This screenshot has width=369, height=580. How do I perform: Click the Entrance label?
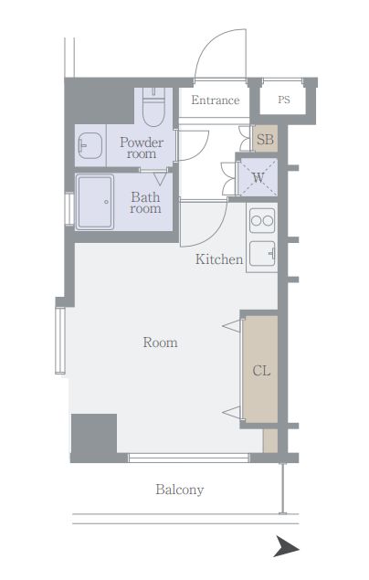click(x=216, y=100)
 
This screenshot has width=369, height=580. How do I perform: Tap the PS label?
click(x=284, y=100)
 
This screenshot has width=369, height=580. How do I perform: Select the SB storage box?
click(x=265, y=138)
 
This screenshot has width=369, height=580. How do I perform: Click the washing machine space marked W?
click(x=258, y=177)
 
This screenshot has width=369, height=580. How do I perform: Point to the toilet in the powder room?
click(x=153, y=107)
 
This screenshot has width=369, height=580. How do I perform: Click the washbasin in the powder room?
click(x=90, y=145)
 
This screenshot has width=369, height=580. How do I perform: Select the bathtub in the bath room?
click(x=95, y=202)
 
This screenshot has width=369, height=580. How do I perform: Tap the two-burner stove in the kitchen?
click(x=262, y=220)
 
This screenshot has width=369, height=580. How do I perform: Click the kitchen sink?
click(x=262, y=253)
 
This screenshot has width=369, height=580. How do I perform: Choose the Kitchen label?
click(x=219, y=259)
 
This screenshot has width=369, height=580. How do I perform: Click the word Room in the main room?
click(x=160, y=343)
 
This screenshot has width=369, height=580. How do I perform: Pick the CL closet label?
click(x=261, y=370)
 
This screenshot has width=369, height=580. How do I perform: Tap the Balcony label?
click(x=180, y=490)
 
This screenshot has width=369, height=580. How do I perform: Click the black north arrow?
click(x=286, y=545)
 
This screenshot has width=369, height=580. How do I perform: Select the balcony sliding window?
click(x=188, y=458)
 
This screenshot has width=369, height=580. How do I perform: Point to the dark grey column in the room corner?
click(x=94, y=438)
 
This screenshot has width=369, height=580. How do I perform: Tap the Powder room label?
click(x=142, y=148)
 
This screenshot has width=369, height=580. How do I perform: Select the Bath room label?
click(x=145, y=203)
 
